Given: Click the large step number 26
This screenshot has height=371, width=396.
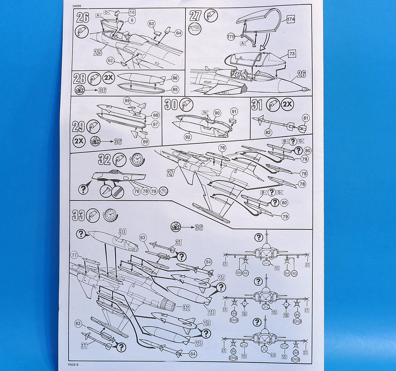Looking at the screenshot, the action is coord(82,17).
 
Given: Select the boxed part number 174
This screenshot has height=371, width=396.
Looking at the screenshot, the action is coord(291,20).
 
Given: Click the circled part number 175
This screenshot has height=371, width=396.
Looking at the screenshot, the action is coord(231,37).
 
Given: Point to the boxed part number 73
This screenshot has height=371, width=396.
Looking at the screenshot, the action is coord(292,54).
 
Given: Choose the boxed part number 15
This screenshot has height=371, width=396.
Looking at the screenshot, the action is coord(132,13).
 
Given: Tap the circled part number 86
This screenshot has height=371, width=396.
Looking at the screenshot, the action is coord(175,78).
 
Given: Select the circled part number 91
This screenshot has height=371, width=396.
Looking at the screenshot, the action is coord(234,111).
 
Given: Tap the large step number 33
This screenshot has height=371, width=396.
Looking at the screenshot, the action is coord(78,216).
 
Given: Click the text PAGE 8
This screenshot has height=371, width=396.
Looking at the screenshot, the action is coord(73,364).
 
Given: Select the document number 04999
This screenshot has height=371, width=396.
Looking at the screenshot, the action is coord(78,6).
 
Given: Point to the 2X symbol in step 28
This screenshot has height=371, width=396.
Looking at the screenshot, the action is coord(108,78).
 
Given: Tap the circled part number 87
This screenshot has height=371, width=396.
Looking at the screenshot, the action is coord(155,124).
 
